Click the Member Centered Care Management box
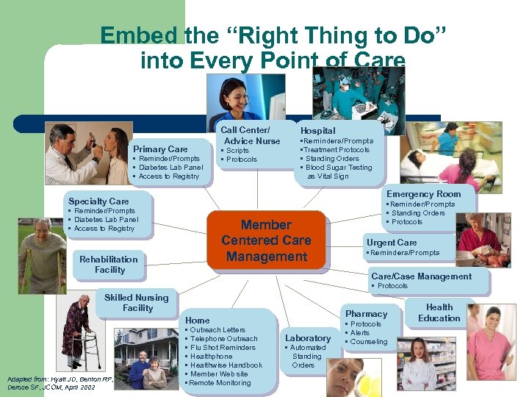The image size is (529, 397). click(266, 240)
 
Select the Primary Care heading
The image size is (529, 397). click(160, 149)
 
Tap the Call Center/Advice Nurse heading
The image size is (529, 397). click(251, 135)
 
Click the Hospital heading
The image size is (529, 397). click(317, 130)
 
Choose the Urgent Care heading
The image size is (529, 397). click(392, 243)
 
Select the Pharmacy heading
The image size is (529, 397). click(366, 314)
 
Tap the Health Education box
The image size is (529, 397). click(439, 312)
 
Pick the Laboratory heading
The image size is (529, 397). click(308, 338)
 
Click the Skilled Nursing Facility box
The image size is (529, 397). click(137, 303)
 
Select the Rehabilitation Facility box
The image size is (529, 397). click(109, 264)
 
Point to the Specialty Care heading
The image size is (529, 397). click(98, 201)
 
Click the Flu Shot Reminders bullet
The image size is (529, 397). click(221, 348)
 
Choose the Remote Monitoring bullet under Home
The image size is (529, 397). click(220, 383)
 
